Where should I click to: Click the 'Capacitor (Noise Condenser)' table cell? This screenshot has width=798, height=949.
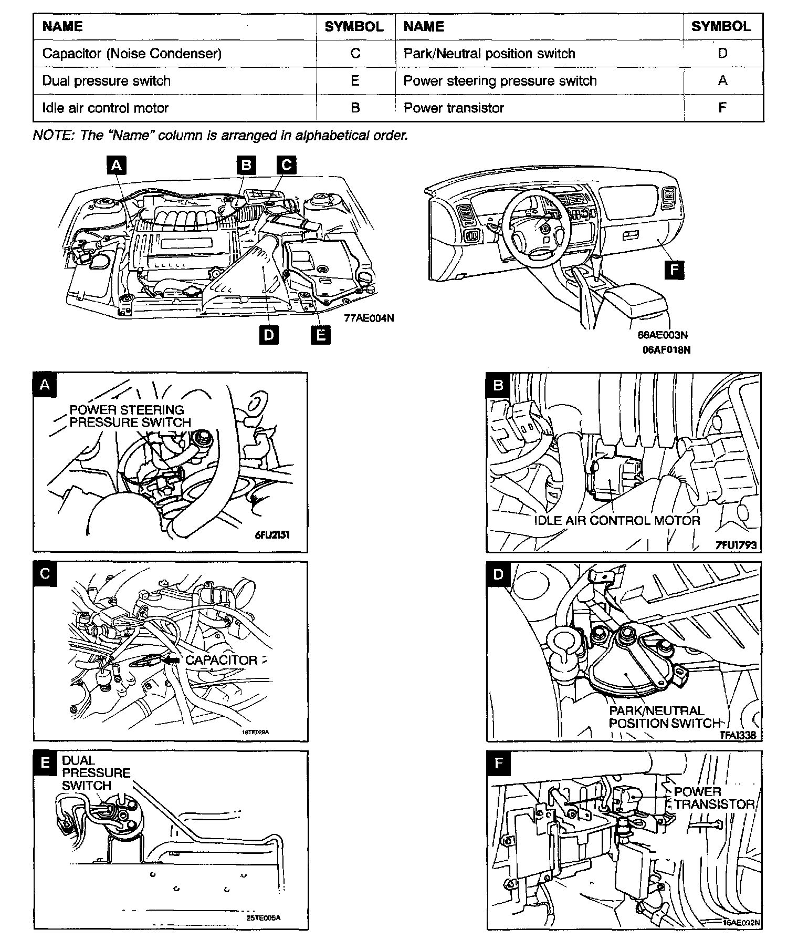pos(132,54)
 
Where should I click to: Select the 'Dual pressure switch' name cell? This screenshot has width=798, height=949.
pos(107,81)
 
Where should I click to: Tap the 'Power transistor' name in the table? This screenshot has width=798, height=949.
pos(454,108)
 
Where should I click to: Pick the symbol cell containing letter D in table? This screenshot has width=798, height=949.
pos(722,54)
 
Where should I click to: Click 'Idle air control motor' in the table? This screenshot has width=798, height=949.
pos(106,108)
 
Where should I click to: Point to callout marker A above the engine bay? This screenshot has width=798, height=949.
pos(117,166)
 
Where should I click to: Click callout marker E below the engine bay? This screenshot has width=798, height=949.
pos(320,334)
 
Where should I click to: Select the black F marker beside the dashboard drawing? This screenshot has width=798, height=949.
pos(674,270)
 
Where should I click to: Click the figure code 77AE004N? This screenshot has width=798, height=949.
pos(369,318)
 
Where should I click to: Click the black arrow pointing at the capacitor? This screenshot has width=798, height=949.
pos(171,659)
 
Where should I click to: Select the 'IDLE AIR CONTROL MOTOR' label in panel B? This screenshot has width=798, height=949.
pos(617,521)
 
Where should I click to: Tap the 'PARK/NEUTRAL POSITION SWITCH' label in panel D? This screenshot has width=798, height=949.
pos(664,717)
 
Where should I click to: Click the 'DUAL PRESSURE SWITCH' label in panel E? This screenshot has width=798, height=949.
pos(96,772)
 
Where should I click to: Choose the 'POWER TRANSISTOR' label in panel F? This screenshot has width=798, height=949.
pos(714,798)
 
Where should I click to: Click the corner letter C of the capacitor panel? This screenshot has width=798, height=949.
pos(45,574)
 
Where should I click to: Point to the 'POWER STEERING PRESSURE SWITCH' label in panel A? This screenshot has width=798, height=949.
pos(130,416)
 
